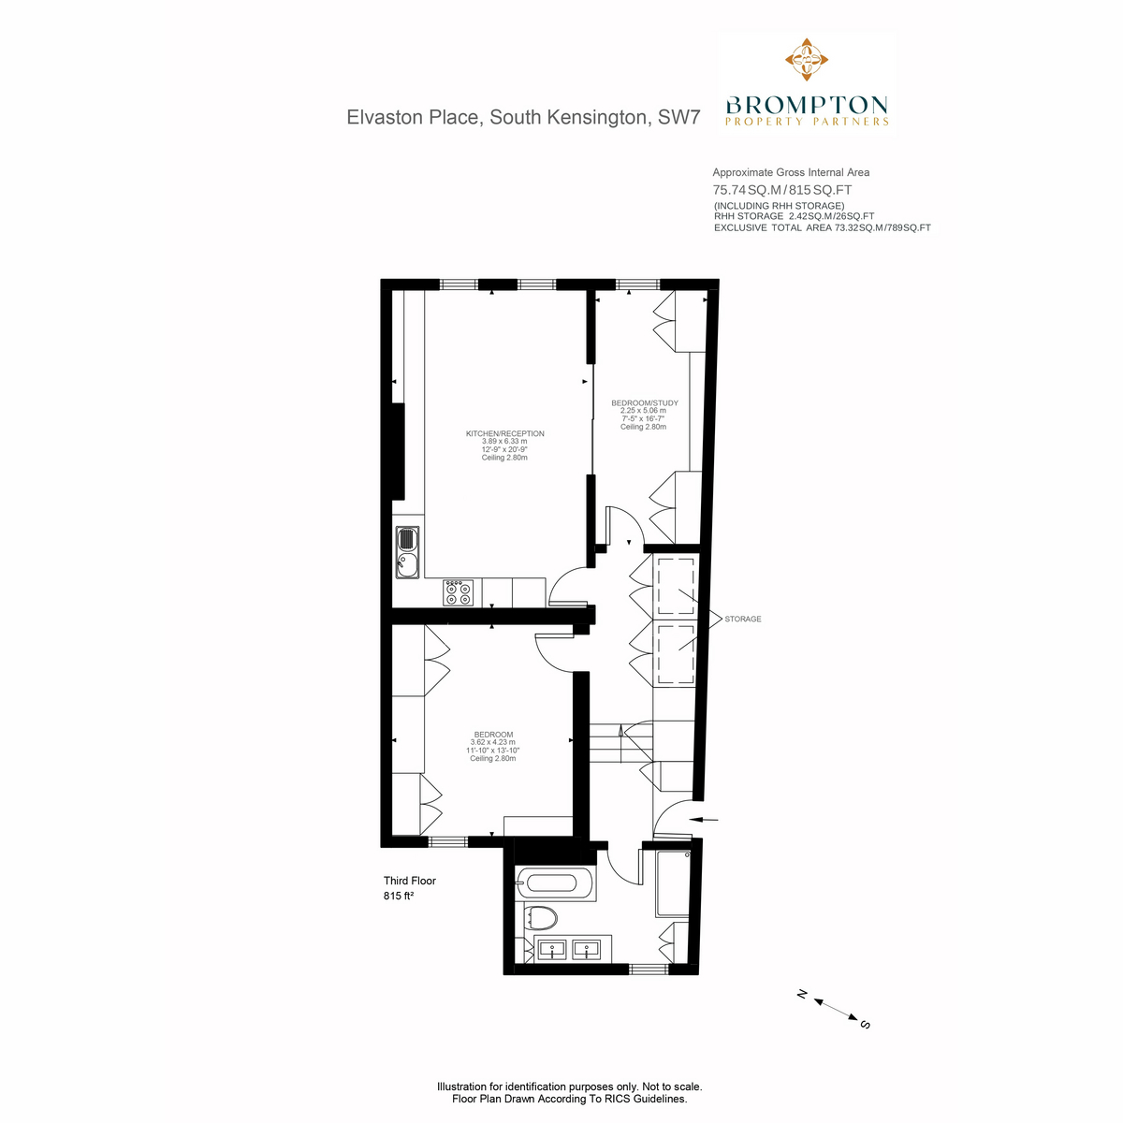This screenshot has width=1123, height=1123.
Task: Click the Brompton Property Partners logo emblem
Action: point(806,60)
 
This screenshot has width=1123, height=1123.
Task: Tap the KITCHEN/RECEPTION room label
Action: point(504,433)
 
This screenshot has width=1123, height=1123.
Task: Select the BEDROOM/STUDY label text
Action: point(645,402)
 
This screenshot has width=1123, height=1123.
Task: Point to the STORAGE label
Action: point(742,619)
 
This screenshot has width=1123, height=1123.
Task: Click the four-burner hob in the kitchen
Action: point(458,592)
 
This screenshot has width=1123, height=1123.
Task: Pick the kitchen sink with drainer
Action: point(407,552)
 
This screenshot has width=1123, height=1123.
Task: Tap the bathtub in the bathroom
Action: point(554,883)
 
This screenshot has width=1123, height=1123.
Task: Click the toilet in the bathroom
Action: point(540,920)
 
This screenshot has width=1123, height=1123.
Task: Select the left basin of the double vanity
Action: point(550,951)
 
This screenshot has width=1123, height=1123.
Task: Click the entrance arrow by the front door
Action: point(704,820)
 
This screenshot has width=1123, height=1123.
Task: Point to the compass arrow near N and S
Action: point(836,1010)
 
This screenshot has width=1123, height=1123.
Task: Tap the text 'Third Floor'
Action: point(410,881)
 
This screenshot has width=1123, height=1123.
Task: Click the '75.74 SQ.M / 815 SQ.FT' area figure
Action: point(782,190)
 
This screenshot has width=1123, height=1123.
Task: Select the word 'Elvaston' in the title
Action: point(384,117)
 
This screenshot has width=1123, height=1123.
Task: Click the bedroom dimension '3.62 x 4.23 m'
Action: point(493,742)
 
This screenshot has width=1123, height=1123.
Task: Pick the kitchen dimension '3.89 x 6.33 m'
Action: point(504,441)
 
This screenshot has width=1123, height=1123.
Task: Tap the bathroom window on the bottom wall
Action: point(649,969)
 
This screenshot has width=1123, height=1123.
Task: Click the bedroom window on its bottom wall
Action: point(448,841)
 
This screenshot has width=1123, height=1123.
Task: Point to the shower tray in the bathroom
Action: point(673,884)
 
